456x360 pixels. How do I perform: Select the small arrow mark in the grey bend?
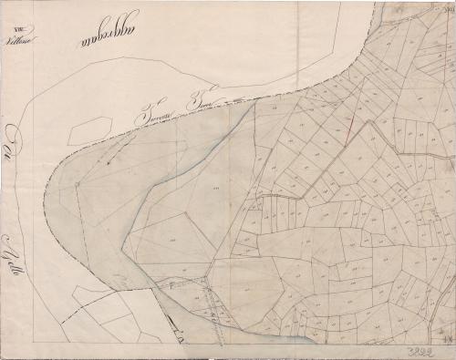tap(112, 161)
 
